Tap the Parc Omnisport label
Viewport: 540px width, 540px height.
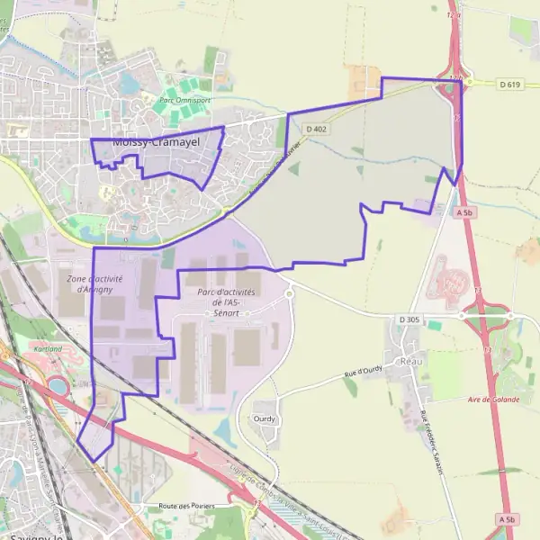(184, 100)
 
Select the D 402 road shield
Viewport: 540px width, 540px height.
(316, 130)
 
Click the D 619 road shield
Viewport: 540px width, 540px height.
(511, 83)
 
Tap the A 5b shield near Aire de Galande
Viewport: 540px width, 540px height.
(508, 520)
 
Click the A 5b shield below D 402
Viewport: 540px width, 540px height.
(464, 212)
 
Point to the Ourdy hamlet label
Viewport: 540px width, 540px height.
(265, 419)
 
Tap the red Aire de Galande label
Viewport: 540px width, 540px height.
(490, 399)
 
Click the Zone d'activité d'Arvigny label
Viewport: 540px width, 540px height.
(94, 283)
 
